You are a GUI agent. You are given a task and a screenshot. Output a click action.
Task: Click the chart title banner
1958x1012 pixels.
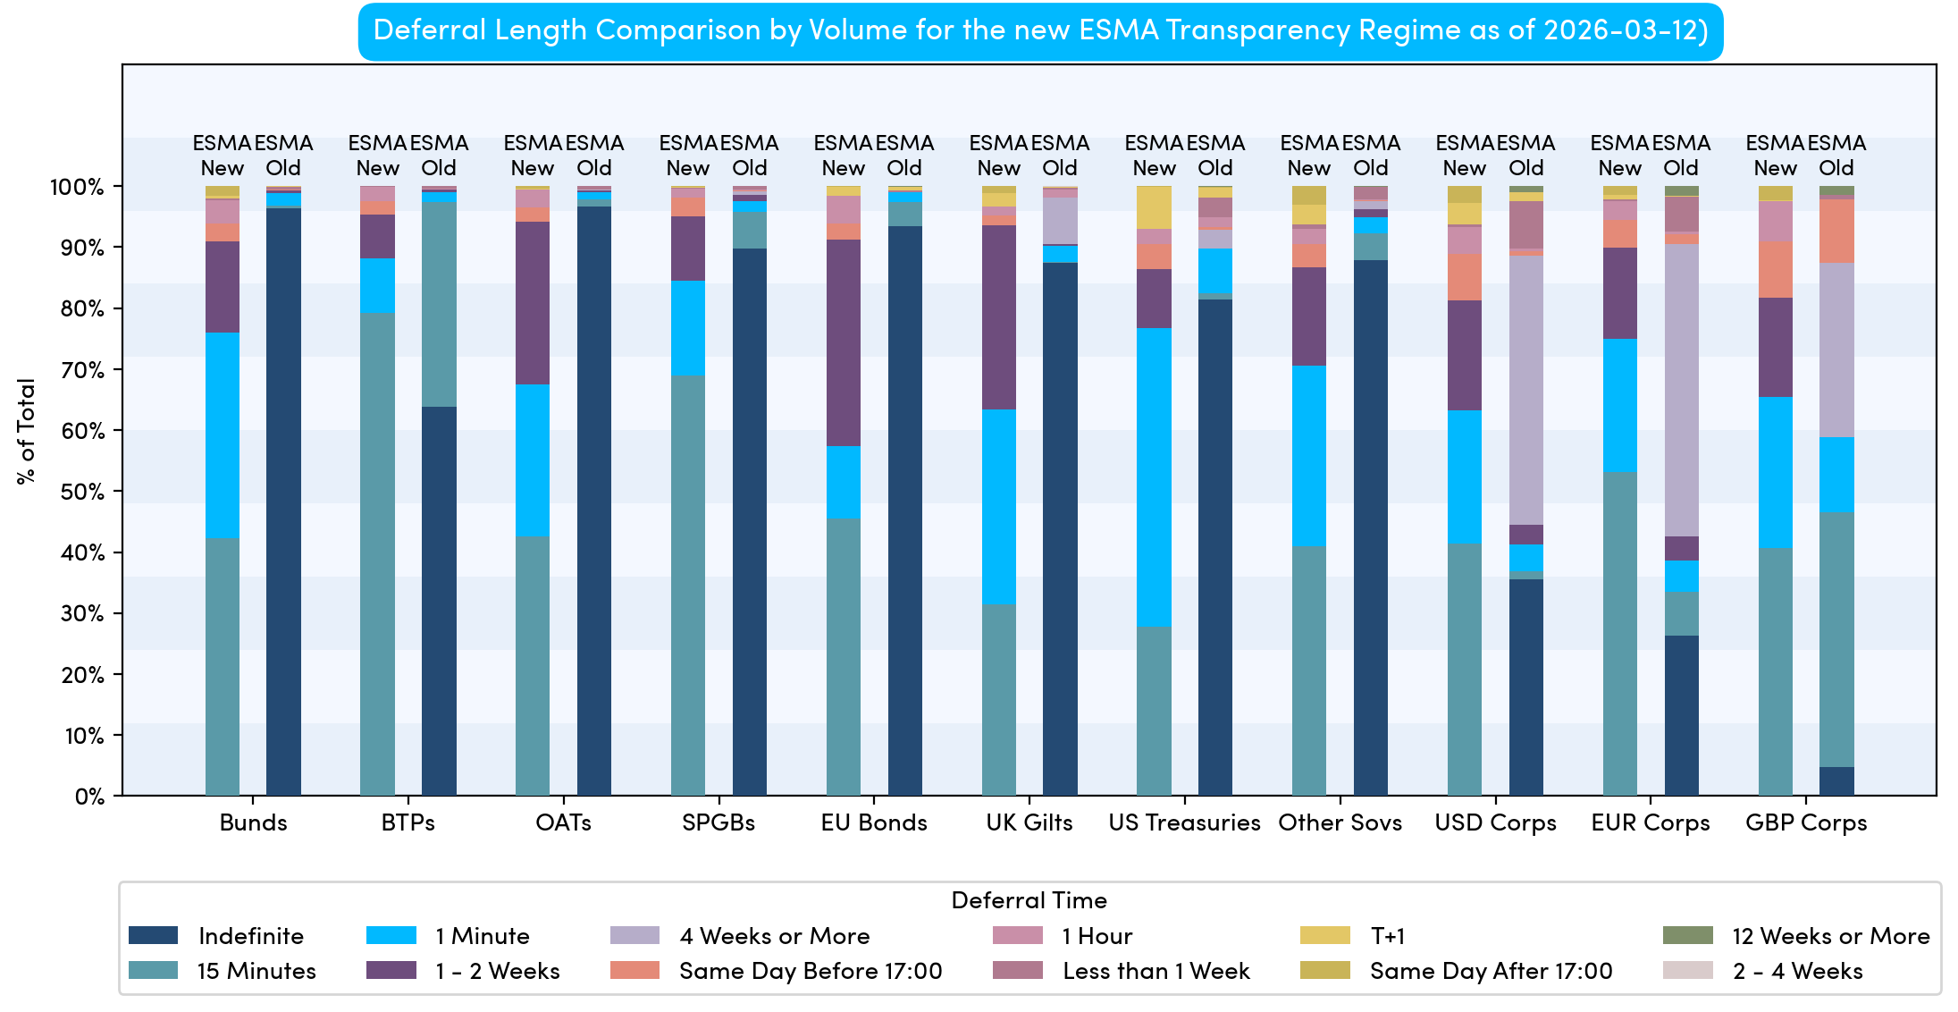pos(1040,31)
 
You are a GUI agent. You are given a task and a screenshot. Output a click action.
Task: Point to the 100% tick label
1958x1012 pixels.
pos(77,187)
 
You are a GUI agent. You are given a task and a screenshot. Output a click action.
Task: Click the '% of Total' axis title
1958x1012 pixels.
pos(26,431)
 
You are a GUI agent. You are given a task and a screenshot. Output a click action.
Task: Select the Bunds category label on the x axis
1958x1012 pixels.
pos(253,822)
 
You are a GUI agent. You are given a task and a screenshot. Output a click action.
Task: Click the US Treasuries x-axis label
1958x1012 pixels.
pos(1184,822)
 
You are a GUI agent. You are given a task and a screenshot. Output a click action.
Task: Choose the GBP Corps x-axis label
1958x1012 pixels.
pos(1806,822)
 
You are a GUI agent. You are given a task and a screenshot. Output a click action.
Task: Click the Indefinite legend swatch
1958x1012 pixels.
pos(153,935)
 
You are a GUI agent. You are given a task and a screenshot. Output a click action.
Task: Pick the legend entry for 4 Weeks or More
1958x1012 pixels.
pos(774,936)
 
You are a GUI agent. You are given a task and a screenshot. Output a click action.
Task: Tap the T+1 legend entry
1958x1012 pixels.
pos(1387,936)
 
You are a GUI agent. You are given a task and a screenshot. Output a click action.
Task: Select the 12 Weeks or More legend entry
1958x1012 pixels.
pos(1830,936)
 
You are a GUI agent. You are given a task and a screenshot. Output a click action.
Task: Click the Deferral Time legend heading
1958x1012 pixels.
pos(1029,900)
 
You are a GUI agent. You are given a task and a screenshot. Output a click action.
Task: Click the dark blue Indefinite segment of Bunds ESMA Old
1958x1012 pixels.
pos(283,501)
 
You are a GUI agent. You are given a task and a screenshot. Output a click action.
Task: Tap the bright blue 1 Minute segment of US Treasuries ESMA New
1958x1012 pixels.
pos(1154,477)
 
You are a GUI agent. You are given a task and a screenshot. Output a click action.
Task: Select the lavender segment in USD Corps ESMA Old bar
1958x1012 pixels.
pos(1525,390)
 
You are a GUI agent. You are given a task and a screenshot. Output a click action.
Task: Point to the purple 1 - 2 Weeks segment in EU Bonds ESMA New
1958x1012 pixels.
pos(843,342)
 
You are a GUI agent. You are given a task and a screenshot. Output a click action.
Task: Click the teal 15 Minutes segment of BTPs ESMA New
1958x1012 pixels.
pos(377,553)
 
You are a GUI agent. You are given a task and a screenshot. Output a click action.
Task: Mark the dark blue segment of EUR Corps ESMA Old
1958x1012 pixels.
pos(1681,715)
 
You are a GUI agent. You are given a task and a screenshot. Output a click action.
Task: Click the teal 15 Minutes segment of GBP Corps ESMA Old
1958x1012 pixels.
pos(1836,639)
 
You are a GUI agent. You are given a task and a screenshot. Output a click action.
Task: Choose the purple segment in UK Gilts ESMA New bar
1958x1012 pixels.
pos(998,317)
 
